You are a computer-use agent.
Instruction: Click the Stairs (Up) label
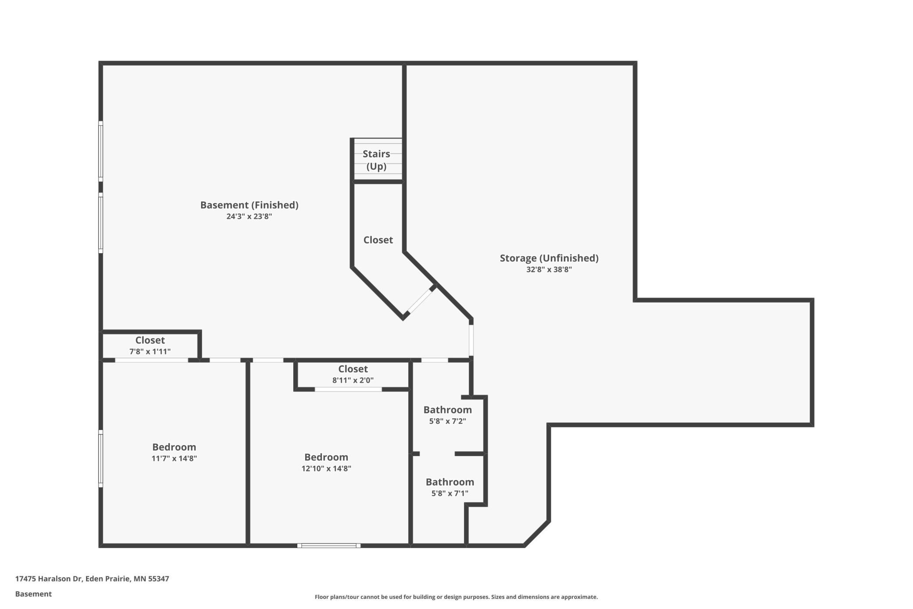click(x=376, y=160)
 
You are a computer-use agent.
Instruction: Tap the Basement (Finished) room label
click(x=249, y=205)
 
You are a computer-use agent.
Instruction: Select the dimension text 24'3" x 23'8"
click(x=249, y=216)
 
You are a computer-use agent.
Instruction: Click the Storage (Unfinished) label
click(x=549, y=258)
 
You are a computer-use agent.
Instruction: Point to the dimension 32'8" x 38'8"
click(x=549, y=269)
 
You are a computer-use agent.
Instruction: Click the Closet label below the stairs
click(x=378, y=240)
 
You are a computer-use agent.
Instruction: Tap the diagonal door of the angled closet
click(x=420, y=301)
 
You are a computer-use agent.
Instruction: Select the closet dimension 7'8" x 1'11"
click(x=150, y=351)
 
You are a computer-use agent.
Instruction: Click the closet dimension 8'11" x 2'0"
click(x=352, y=380)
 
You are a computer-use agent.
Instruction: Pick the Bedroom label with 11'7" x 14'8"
click(x=174, y=447)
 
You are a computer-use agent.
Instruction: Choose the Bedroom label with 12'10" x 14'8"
click(x=326, y=457)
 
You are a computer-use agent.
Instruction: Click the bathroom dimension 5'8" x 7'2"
click(x=447, y=421)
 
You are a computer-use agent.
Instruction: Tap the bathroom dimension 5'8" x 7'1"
click(x=449, y=493)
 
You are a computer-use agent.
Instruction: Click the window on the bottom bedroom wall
click(x=329, y=545)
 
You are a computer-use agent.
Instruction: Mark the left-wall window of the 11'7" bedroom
click(x=101, y=458)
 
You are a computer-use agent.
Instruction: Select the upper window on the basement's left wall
click(x=101, y=151)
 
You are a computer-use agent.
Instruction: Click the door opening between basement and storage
click(x=471, y=340)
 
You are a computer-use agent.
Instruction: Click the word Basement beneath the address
click(x=33, y=594)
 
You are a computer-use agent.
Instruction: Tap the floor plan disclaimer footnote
click(x=456, y=597)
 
